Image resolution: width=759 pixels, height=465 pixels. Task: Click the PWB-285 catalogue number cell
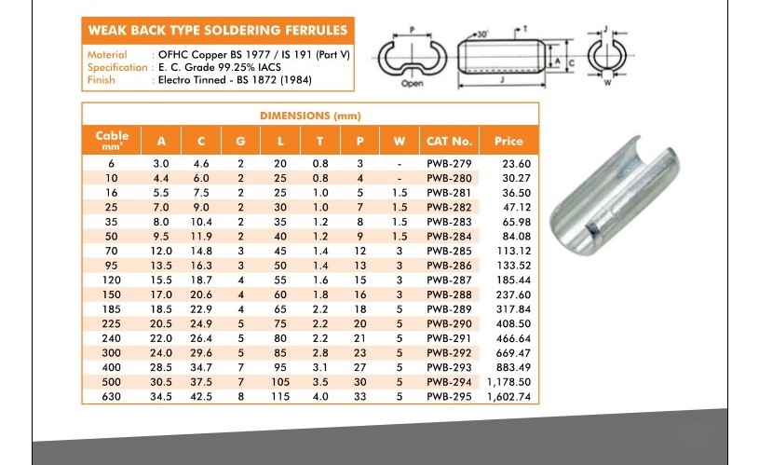click(449, 251)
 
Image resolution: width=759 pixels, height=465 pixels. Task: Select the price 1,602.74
click(508, 397)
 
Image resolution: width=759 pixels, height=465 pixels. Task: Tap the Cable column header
click(112, 140)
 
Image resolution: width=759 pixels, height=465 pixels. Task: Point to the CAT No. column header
click(449, 141)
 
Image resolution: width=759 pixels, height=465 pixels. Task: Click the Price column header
click(508, 141)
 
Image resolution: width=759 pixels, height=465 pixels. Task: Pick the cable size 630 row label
click(112, 397)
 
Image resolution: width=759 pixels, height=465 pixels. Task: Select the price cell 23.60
click(517, 164)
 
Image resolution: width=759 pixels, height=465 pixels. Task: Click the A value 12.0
click(161, 251)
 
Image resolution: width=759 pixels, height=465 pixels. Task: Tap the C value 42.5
click(201, 397)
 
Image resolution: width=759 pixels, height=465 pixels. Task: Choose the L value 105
click(280, 382)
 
